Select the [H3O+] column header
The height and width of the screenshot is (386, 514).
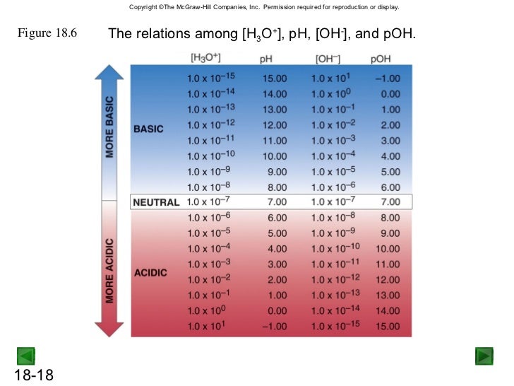click(206, 57)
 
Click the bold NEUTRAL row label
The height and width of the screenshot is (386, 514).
click(156, 203)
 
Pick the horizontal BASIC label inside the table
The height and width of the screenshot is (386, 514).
click(148, 129)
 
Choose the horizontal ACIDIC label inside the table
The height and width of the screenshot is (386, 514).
click(150, 273)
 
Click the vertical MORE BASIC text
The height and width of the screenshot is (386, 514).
click(109, 127)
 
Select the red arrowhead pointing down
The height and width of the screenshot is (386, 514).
click(109, 327)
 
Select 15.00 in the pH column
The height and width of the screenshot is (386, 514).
click(275, 77)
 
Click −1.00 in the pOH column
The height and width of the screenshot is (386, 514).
click(388, 77)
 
